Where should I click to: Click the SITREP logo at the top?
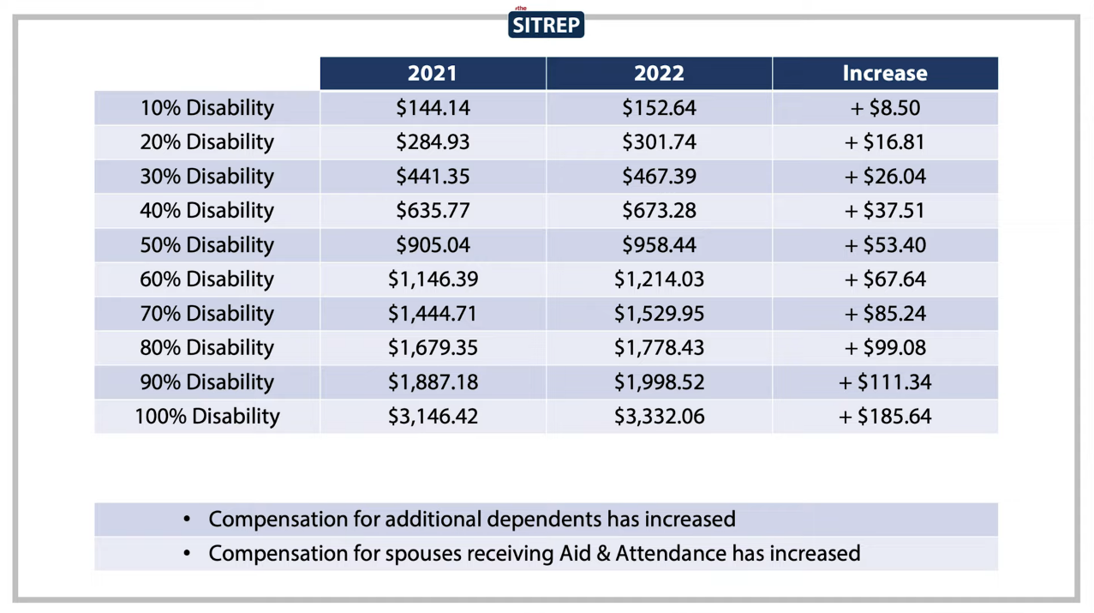coord(546,24)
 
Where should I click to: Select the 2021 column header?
coord(433,74)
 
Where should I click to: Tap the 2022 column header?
coord(659,74)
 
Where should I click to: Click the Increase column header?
coord(885,74)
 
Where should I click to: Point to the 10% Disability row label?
coord(207,108)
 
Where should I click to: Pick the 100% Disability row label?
coord(207,417)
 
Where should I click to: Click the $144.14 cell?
coord(433,108)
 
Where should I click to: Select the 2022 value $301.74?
coord(659,142)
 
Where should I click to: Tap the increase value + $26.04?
coord(885,177)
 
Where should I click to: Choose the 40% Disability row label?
coord(207,211)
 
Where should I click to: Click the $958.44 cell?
coord(659,245)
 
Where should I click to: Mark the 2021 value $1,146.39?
coord(433,279)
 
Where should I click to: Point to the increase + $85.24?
coord(885,313)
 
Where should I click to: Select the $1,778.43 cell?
coord(659,347)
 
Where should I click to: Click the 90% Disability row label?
coord(207,382)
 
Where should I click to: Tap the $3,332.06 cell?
coord(659,417)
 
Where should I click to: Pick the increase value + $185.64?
coord(885,417)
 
